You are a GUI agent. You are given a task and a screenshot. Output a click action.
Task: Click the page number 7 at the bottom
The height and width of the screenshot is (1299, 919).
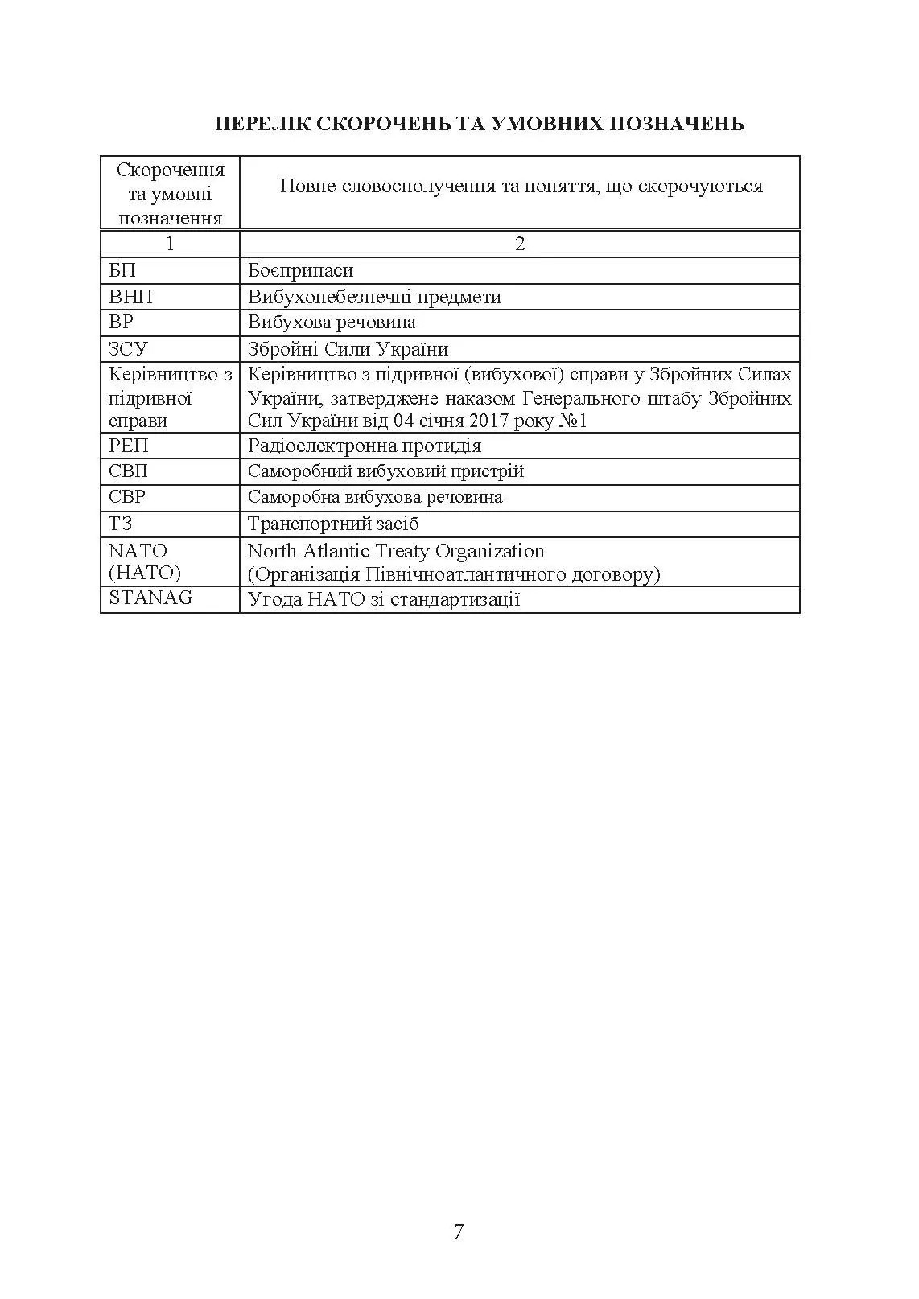pos(459,1231)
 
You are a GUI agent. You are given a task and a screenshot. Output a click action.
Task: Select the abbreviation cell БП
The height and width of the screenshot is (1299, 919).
pos(122,270)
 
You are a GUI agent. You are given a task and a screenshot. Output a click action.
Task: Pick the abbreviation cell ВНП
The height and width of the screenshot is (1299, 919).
pos(130,297)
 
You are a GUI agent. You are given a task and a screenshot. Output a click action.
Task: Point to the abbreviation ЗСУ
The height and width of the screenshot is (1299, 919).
pos(128,349)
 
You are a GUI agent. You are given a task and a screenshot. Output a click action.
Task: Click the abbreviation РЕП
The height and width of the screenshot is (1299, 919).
pos(129,446)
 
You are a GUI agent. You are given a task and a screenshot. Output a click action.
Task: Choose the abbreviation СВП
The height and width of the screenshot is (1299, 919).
pos(129,471)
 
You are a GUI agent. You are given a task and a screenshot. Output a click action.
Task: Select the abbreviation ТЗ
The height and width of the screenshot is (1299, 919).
pos(120,524)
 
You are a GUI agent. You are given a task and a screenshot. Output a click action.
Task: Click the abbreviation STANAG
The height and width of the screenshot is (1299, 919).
pos(150,598)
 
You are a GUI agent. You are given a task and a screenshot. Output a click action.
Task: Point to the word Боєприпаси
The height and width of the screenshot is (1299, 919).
pos(300,271)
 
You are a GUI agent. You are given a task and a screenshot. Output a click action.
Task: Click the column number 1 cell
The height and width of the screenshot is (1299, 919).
pos(170,244)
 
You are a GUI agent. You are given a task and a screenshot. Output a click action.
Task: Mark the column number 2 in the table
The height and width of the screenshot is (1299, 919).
pos(520,244)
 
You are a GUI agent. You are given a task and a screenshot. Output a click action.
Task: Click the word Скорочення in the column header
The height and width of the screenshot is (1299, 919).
pos(171,170)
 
